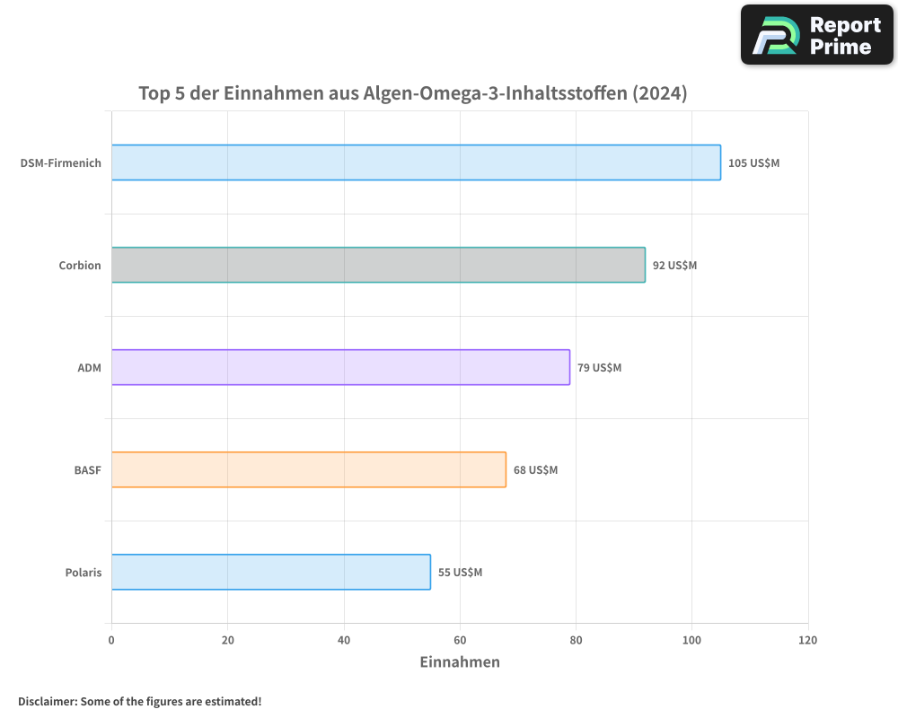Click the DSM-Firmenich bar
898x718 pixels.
pyautogui.click(x=416, y=162)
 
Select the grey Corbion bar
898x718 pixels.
pyautogui.click(x=378, y=265)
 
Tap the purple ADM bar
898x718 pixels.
pyautogui.click(x=340, y=367)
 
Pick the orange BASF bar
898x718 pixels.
pyautogui.click(x=309, y=469)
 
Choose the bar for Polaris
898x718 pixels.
pyautogui.click(x=271, y=572)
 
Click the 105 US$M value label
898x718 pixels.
pyautogui.click(x=753, y=163)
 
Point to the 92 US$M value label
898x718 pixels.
pyautogui.click(x=674, y=266)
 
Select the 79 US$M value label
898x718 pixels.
pyautogui.click(x=599, y=368)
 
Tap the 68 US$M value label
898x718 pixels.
pyautogui.click(x=535, y=470)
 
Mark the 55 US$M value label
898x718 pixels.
pyautogui.click(x=460, y=573)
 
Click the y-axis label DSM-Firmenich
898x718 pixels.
pyautogui.click(x=61, y=163)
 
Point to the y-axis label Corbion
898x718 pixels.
pyautogui.click(x=80, y=266)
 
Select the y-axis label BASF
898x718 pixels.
pyautogui.click(x=87, y=470)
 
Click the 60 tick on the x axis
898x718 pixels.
pyautogui.click(x=460, y=641)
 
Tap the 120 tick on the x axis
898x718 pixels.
pyautogui.click(x=807, y=641)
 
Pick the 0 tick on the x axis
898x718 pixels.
pyautogui.click(x=111, y=641)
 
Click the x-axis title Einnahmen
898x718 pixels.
pyautogui.click(x=460, y=662)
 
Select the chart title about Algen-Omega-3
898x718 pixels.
pyautogui.click(x=413, y=93)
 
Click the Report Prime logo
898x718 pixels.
pyautogui.click(x=817, y=35)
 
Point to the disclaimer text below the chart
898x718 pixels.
pyautogui.click(x=140, y=701)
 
